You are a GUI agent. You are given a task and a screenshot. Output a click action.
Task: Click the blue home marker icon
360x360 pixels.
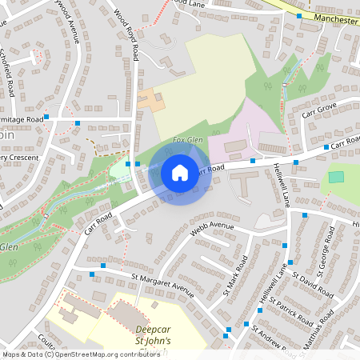[x=180, y=173]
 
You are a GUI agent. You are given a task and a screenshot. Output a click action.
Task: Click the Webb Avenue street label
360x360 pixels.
[x=212, y=231]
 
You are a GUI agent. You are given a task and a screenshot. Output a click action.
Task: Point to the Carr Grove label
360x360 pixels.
[x=319, y=110]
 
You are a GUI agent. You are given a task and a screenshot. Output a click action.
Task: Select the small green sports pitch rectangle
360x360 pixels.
[x=336, y=176]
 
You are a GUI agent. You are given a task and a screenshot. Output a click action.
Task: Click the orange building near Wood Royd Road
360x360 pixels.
[x=151, y=100]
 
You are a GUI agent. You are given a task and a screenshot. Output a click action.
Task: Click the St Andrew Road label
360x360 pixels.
[x=272, y=340]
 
